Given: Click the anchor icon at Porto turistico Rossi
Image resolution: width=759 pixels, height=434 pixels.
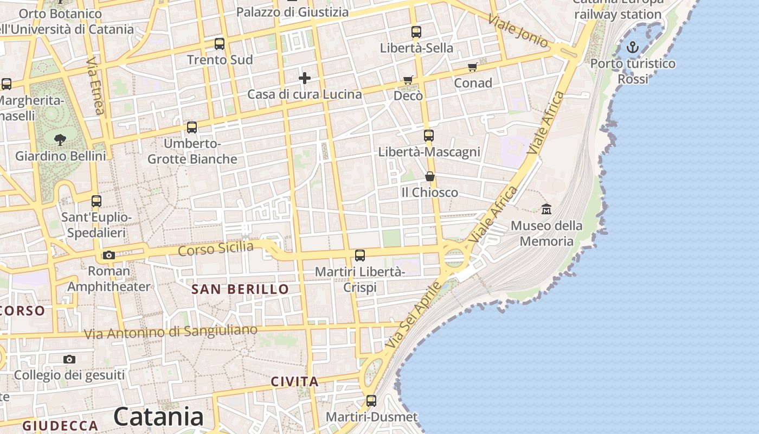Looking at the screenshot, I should pos(632,48).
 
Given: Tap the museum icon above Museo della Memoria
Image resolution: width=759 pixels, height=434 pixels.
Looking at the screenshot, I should pos(546,209).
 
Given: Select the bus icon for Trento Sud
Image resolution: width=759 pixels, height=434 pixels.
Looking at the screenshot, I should pos(220,44).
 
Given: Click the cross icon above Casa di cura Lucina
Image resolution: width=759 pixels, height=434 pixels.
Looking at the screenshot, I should pos(305,78).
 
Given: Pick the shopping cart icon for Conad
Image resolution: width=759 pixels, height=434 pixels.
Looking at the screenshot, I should pos(473,67).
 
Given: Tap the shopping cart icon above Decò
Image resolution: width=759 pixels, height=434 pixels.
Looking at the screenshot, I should pos(408,80).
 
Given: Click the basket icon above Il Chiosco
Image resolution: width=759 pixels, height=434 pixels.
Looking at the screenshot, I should pos(430,176).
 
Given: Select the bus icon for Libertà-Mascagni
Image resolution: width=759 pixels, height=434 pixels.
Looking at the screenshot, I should pos(429,136).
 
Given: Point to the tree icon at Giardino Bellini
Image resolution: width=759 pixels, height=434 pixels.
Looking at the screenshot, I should pos(60,140).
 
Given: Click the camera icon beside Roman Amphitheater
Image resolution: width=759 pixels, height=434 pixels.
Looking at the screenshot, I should pos(109,255).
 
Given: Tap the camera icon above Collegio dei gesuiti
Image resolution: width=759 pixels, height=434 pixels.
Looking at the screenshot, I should pos(69,359).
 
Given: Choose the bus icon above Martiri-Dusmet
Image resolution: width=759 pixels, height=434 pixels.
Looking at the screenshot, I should pos(371,401).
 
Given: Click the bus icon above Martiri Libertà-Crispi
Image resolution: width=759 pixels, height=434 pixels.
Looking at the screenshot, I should pos(360,256).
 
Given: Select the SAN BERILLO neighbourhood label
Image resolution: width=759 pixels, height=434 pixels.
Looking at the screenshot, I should pos(240,289).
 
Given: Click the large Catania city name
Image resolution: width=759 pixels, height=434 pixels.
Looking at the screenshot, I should pos(158,417).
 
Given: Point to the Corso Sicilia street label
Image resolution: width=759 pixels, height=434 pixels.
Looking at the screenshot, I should pos(216,249).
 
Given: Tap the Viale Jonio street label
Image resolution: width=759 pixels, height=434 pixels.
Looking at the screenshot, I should pos(518,31).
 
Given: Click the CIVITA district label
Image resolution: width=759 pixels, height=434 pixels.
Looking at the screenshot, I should pos(294,382).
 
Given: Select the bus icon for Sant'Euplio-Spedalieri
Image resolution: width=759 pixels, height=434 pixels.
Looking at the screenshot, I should pos(97,201).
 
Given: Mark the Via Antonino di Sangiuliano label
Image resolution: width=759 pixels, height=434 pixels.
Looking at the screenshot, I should pos(171,331).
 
